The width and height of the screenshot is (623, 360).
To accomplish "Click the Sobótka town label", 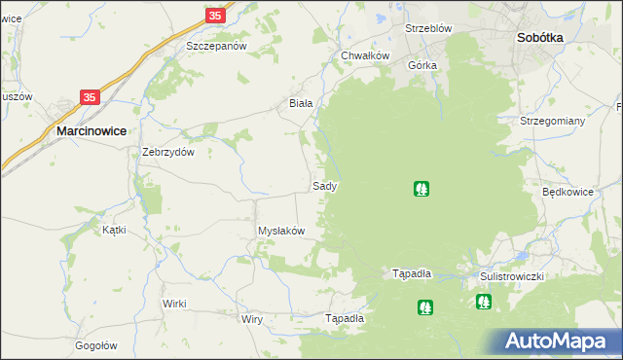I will coord(538,38).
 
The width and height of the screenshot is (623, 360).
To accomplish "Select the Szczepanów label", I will coord(216,47).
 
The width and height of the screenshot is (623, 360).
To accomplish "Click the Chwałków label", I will coord(365,55).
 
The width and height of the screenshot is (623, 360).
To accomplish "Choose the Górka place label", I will coord(423,65).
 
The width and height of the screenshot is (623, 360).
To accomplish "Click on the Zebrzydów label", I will coord(169,152).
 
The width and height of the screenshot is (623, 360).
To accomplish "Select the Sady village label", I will coord(325,185).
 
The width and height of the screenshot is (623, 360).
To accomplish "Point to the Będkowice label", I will coord(568,192).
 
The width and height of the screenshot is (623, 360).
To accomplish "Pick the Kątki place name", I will coord(115,231).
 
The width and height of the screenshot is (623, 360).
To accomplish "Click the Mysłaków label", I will coord(281,231).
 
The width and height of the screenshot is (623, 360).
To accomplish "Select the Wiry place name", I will coord(252,319).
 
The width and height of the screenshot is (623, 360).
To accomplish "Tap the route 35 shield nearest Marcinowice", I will coord(90,97).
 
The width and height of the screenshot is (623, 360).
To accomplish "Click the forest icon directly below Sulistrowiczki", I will coord(484,302).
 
